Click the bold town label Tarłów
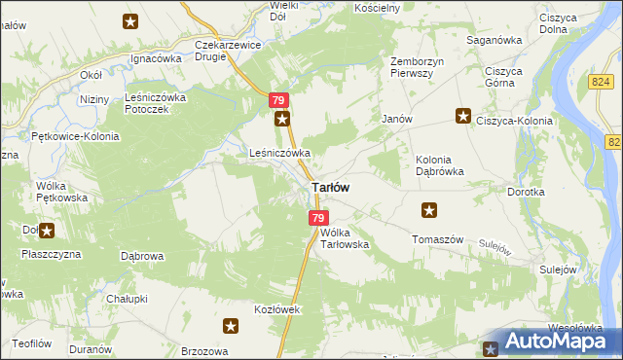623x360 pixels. [x=331, y=187]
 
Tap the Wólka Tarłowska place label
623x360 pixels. [x=345, y=238]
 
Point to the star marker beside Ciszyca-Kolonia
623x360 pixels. [x=463, y=116]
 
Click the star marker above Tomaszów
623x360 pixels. [x=429, y=209]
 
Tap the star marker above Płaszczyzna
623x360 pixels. [x=46, y=231]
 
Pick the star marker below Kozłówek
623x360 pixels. [x=231, y=327]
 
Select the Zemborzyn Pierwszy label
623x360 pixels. [x=418, y=68]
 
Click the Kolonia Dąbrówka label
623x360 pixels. [x=439, y=164]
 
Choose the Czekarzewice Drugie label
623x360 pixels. [x=225, y=50]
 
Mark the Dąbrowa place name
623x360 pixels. [x=141, y=257]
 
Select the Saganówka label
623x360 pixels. [x=495, y=40]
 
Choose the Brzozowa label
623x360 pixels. [x=204, y=351]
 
